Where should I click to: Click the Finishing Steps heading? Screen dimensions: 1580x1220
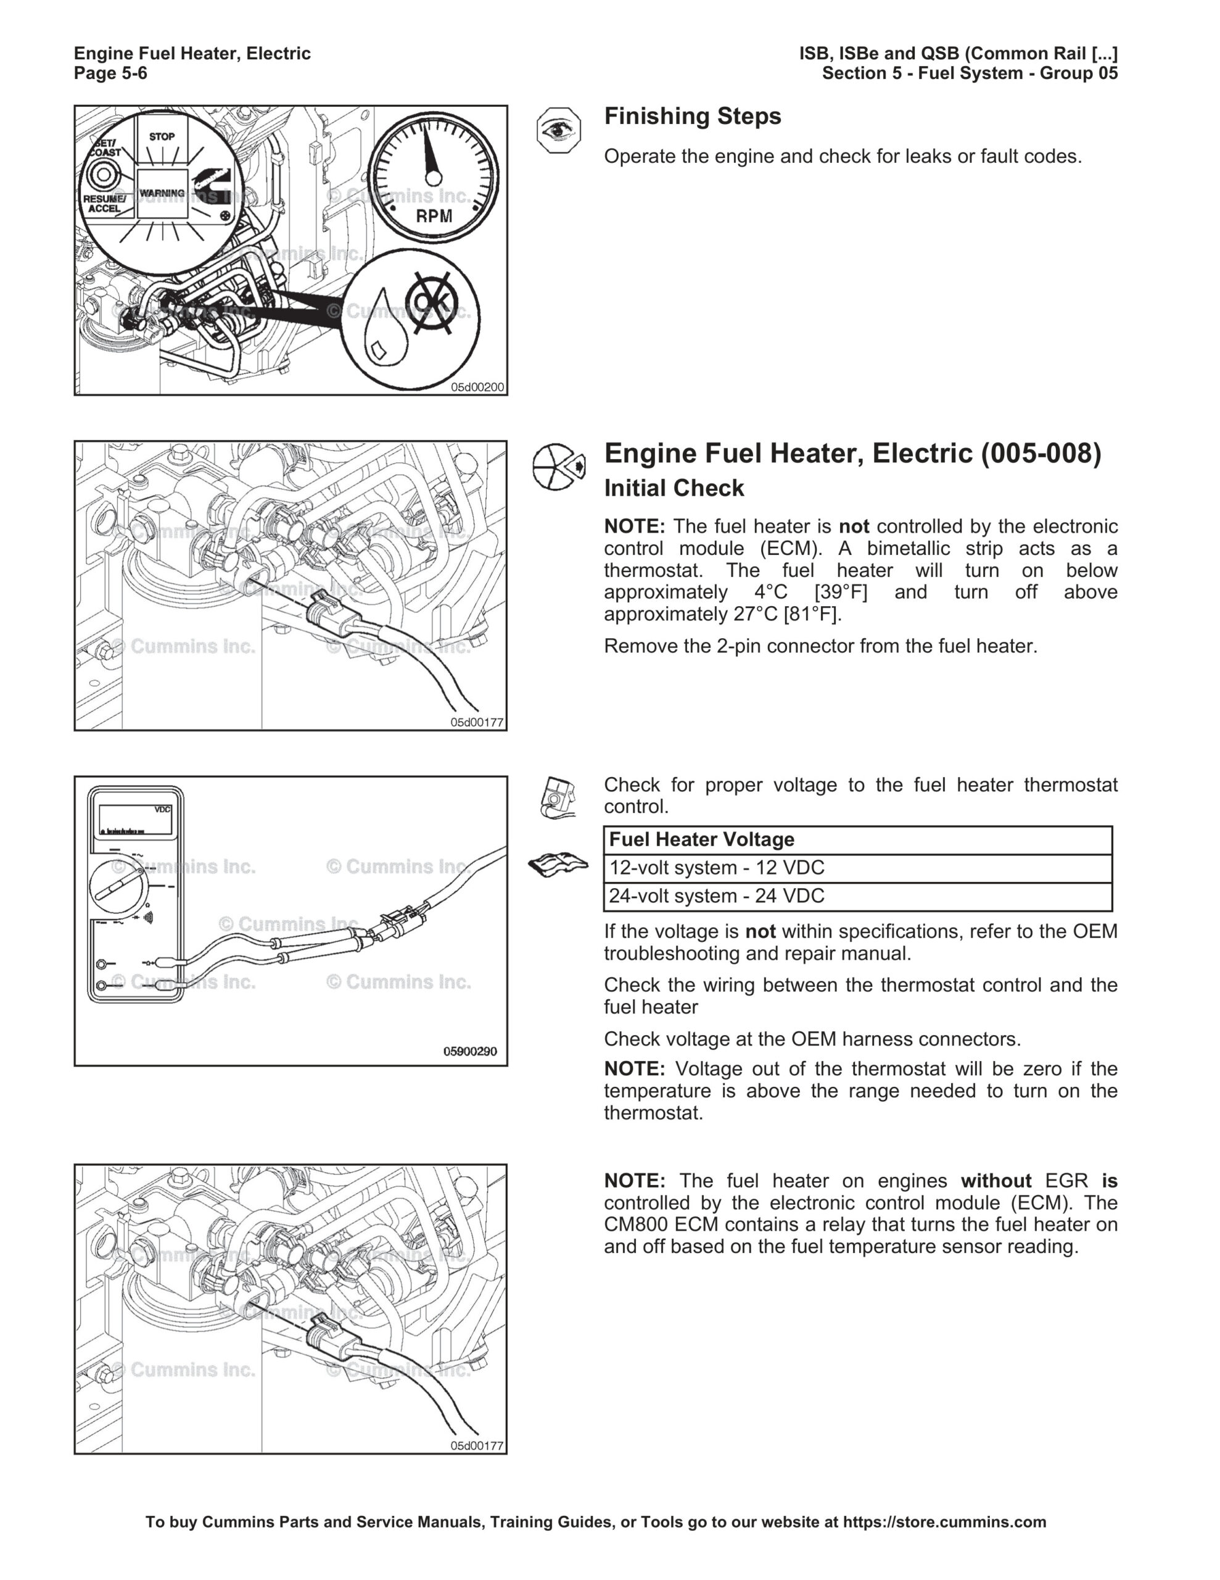click(692, 117)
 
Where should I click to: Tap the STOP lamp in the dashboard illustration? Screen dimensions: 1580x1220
click(162, 138)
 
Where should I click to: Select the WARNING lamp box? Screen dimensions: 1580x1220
click(162, 193)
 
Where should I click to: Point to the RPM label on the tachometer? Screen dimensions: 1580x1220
click(434, 215)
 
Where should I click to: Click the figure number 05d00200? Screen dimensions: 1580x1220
click(477, 387)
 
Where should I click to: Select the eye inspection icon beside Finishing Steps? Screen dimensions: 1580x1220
click(558, 130)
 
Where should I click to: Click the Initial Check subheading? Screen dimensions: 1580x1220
click(674, 488)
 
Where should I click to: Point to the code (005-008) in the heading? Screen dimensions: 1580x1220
click(1041, 454)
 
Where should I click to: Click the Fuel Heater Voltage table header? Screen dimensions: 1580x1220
click(701, 839)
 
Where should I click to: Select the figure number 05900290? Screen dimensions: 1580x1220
click(470, 1051)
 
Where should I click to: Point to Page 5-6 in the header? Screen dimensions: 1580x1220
click(110, 73)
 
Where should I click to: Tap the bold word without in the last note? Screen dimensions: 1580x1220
click(995, 1181)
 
